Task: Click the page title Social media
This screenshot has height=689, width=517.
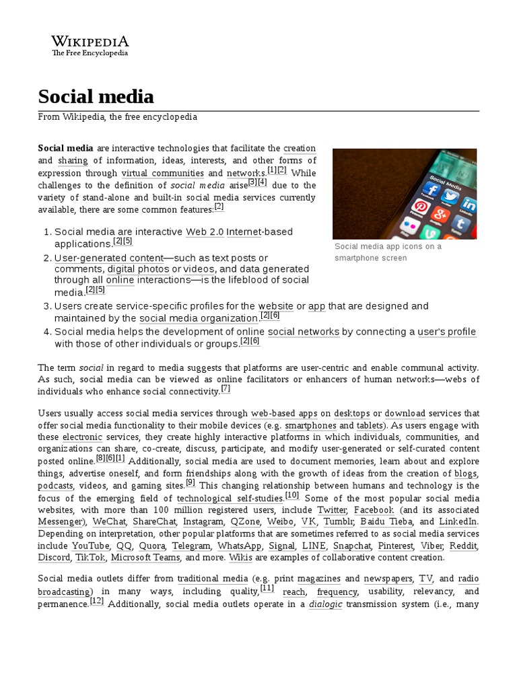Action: (x=96, y=96)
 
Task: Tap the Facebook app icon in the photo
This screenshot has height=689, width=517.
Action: (x=431, y=190)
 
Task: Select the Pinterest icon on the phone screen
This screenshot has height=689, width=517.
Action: (x=421, y=207)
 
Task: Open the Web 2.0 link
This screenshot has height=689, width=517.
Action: (x=204, y=232)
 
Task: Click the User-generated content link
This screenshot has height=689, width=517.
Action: (x=109, y=258)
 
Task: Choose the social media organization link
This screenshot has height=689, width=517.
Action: (x=199, y=318)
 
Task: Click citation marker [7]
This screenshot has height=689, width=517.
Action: (x=226, y=389)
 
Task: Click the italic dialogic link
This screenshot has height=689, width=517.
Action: (x=325, y=604)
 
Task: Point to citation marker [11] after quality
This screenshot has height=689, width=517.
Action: (x=267, y=588)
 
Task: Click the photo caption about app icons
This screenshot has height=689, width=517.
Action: (x=388, y=252)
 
